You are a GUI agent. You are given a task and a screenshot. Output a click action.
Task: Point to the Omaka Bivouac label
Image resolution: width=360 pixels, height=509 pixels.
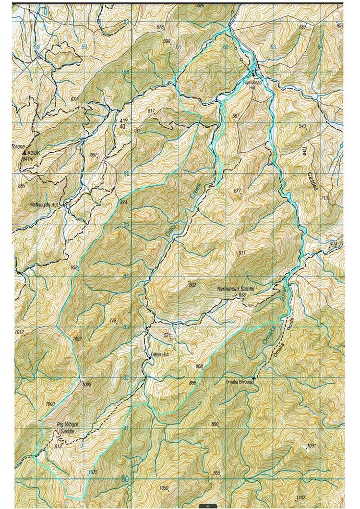(240, 382)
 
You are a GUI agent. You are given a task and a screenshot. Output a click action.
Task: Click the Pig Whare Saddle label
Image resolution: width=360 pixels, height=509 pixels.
(68, 429)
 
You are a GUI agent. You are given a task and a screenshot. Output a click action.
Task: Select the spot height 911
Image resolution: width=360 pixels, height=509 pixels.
(241, 253)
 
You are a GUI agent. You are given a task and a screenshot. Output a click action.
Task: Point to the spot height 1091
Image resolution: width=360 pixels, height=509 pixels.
(312, 446)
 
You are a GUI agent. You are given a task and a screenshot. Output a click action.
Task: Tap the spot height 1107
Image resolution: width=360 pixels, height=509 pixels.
(301, 497)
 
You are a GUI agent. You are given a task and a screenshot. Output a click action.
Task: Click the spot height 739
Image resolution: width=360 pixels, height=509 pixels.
(302, 27)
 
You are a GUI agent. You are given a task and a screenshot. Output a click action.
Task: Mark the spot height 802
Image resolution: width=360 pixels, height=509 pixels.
(193, 285)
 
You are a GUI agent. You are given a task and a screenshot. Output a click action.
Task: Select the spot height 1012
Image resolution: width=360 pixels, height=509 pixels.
(19, 332)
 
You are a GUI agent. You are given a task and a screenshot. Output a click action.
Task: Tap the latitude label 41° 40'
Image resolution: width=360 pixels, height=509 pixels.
(124, 123)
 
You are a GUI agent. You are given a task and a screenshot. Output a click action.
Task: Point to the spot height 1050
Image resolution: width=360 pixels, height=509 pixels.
(164, 488)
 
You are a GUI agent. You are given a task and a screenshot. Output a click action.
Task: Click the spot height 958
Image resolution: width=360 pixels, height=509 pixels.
(74, 267)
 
